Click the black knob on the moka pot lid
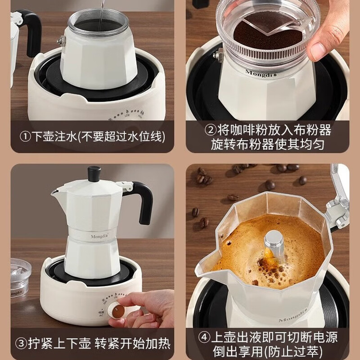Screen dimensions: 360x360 (x=94, y=173)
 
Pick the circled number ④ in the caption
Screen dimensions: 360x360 (x=205, y=337)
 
